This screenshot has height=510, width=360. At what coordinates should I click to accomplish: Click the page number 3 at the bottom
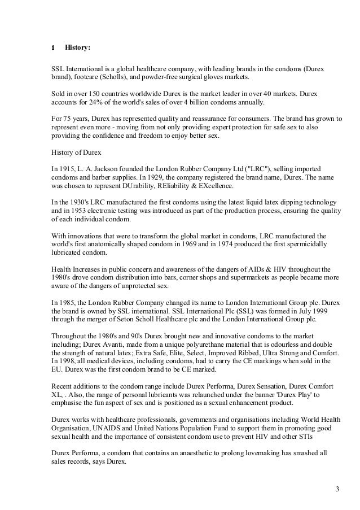(x=337, y=489)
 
